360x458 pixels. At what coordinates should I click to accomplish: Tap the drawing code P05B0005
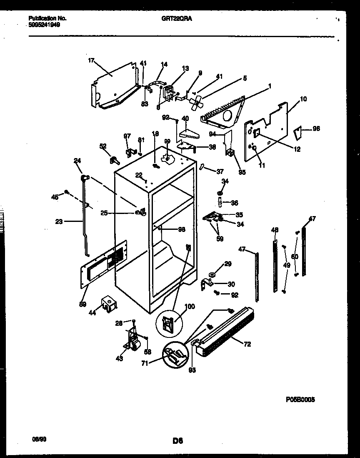click(x=300, y=399)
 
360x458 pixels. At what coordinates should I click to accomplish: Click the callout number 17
click(x=91, y=60)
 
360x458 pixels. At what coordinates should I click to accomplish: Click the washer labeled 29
click(x=212, y=274)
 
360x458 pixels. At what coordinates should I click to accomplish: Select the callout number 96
click(x=316, y=129)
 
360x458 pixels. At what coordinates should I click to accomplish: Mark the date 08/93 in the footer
click(x=39, y=439)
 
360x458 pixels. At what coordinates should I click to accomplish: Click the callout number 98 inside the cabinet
click(x=181, y=229)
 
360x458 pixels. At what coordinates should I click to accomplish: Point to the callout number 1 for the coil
click(x=270, y=86)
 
